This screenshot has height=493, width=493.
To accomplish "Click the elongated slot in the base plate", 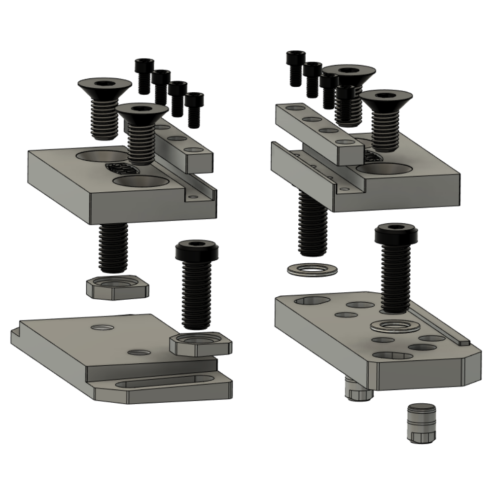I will point(163,383).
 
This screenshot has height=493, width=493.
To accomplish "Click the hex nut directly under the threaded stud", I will point(117,287).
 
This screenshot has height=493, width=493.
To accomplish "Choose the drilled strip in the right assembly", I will point(316,131).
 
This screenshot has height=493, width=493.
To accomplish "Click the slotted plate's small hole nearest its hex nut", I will point(140,352).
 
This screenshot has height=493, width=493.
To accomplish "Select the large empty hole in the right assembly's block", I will point(385,169).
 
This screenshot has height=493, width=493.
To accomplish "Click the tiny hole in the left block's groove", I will point(196,197).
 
